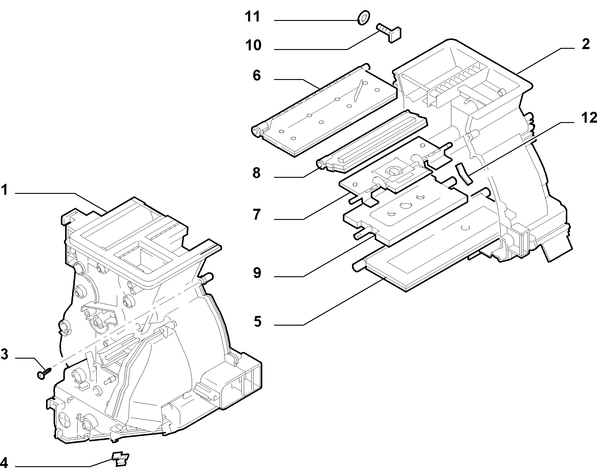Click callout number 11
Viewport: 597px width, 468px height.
pyautogui.click(x=252, y=17)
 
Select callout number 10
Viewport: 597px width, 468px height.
pyautogui.click(x=253, y=45)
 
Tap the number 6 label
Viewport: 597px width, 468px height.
pyautogui.click(x=257, y=75)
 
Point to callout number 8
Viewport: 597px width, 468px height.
pyautogui.click(x=257, y=173)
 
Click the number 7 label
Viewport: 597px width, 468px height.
pyautogui.click(x=257, y=214)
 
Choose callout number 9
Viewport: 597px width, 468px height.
pyautogui.click(x=257, y=273)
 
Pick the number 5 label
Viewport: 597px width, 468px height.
pyautogui.click(x=257, y=321)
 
